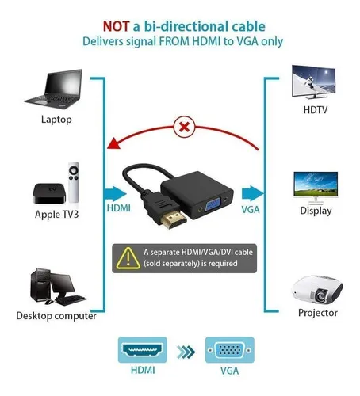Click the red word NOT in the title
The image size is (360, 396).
[x=116, y=26]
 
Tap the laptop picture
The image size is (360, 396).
[x=54, y=89]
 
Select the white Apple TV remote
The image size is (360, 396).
[x=74, y=182]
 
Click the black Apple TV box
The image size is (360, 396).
[x=49, y=193]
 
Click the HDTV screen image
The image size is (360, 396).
[x=314, y=82]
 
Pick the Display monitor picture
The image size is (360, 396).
[x=316, y=188]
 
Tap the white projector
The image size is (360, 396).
[x=317, y=290]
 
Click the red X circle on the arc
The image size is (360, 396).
[x=185, y=127]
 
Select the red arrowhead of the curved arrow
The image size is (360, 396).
[x=114, y=143]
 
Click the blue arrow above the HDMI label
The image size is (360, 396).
[x=116, y=194]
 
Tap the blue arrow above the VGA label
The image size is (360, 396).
[x=252, y=193]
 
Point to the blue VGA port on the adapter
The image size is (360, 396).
[x=214, y=205]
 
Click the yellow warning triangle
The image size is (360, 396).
[x=128, y=258]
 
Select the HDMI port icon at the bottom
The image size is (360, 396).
[x=143, y=349]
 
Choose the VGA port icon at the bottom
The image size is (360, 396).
[x=230, y=350]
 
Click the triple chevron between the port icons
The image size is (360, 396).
[x=186, y=352]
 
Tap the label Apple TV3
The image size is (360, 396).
[x=56, y=214]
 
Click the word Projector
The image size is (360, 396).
[x=318, y=313]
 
